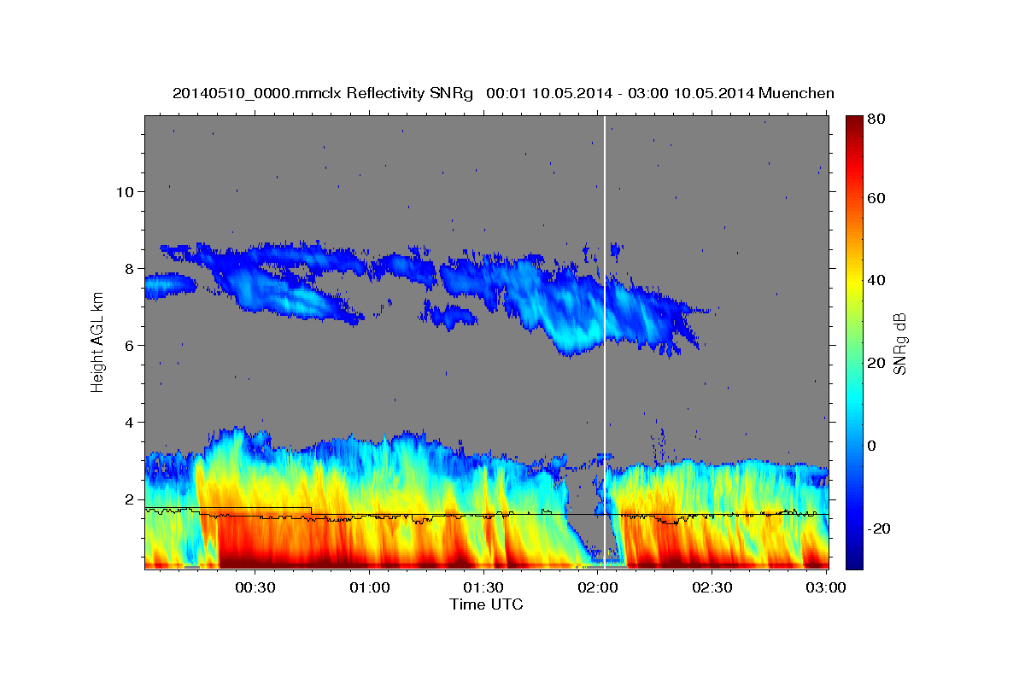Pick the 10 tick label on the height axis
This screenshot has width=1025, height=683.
tap(125, 191)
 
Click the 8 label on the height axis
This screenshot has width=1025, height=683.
tap(129, 268)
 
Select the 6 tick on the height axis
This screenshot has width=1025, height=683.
tap(129, 345)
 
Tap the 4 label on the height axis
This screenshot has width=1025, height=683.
tap(129, 422)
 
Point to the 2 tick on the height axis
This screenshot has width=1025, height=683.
tap(129, 499)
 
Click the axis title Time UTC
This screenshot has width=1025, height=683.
tap(486, 604)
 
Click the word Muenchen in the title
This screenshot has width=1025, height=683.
tap(796, 92)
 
